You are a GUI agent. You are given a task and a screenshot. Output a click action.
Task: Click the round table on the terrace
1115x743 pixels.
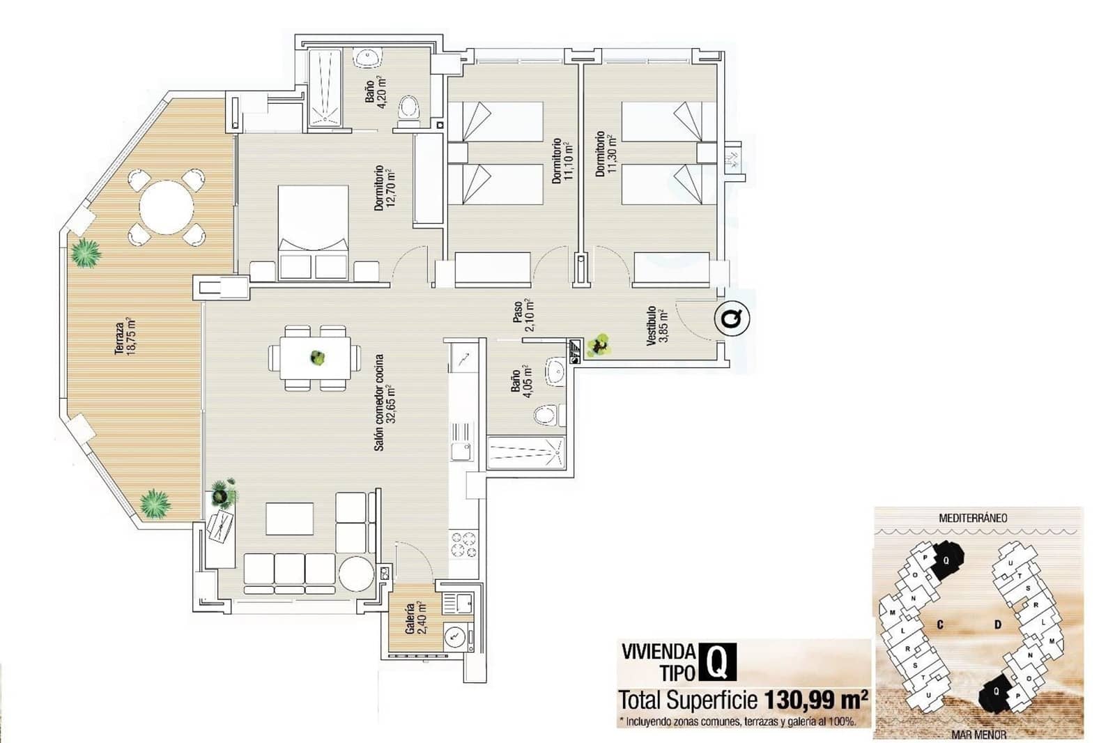coord(167,207)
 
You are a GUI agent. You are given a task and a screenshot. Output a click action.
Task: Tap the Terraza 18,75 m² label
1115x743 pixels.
coord(125,337)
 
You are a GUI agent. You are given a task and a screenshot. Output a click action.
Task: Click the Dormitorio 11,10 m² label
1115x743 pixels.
coord(561,161)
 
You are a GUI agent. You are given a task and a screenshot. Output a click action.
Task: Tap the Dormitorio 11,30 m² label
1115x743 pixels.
coord(605,154)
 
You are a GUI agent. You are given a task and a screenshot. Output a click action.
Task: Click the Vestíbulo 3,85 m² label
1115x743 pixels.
coord(657,325)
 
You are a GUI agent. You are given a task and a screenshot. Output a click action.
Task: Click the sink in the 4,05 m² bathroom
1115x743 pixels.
coord(555,371)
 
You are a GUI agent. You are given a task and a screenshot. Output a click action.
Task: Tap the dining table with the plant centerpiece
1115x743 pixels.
coord(316,358)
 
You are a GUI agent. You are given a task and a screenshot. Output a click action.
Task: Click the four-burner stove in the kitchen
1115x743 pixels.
coord(464,544)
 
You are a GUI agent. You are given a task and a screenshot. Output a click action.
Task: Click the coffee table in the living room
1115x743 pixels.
coord(289,519)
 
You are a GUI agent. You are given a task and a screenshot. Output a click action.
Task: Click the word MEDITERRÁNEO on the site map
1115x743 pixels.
coord(973,518)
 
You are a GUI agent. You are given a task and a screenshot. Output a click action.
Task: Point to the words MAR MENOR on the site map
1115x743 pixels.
coord(978,734)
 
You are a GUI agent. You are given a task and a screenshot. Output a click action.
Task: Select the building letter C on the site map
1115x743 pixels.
coord(940,624)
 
